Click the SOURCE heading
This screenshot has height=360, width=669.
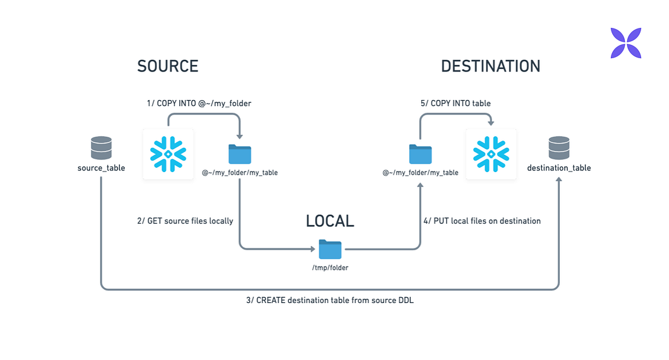pos(168,66)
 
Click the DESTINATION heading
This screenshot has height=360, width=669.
pos(490,66)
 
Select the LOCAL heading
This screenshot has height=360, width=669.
pos(330,221)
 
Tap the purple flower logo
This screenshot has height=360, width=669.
pos(626,43)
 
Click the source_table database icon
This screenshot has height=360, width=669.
pos(101,148)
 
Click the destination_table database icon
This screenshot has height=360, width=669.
pos(559,148)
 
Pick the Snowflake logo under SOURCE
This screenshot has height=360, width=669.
pos(168,153)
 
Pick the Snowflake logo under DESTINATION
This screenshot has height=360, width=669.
pos(491,153)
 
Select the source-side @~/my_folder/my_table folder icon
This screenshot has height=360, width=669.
pos(240,154)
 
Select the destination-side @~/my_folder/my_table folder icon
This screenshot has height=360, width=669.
pos(421,154)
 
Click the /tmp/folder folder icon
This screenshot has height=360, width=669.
pos(330,249)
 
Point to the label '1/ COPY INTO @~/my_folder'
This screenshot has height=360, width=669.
pos(199,104)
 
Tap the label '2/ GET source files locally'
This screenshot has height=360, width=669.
pos(185,221)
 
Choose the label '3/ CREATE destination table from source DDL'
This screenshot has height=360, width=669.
pos(330,300)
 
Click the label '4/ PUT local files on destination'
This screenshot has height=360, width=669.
pos(482,221)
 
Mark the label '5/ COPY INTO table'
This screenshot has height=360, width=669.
pos(456,104)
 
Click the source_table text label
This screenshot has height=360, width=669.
pos(101,168)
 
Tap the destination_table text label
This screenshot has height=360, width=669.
pos(559,168)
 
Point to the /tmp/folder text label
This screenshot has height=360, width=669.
pos(330,267)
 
